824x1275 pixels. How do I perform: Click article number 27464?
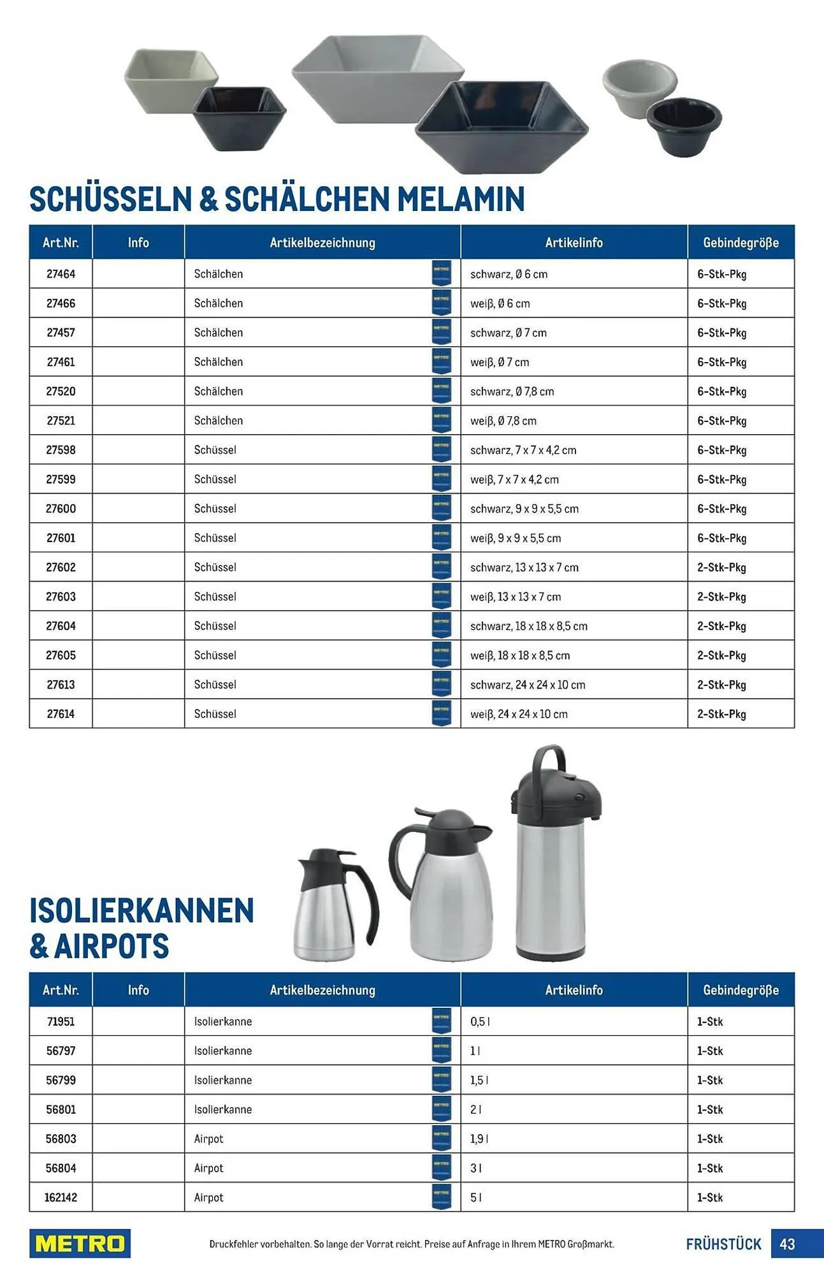(61, 274)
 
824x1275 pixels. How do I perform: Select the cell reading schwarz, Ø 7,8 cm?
(512, 391)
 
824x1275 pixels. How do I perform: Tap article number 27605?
(61, 655)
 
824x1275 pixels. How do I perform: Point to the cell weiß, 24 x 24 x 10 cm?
(519, 714)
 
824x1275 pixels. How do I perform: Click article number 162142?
(61, 1197)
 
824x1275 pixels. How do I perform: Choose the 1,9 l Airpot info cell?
(479, 1139)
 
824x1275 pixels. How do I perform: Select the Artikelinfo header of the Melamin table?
(574, 242)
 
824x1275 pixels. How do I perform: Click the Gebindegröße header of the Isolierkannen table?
(741, 990)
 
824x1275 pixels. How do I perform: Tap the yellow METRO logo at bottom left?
(80, 1243)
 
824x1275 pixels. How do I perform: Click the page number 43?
(787, 1244)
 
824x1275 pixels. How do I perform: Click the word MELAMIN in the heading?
(461, 200)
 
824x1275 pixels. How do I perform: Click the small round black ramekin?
(684, 124)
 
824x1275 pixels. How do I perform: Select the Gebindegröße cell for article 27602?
(721, 567)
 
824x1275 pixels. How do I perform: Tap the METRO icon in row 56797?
(441, 1051)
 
